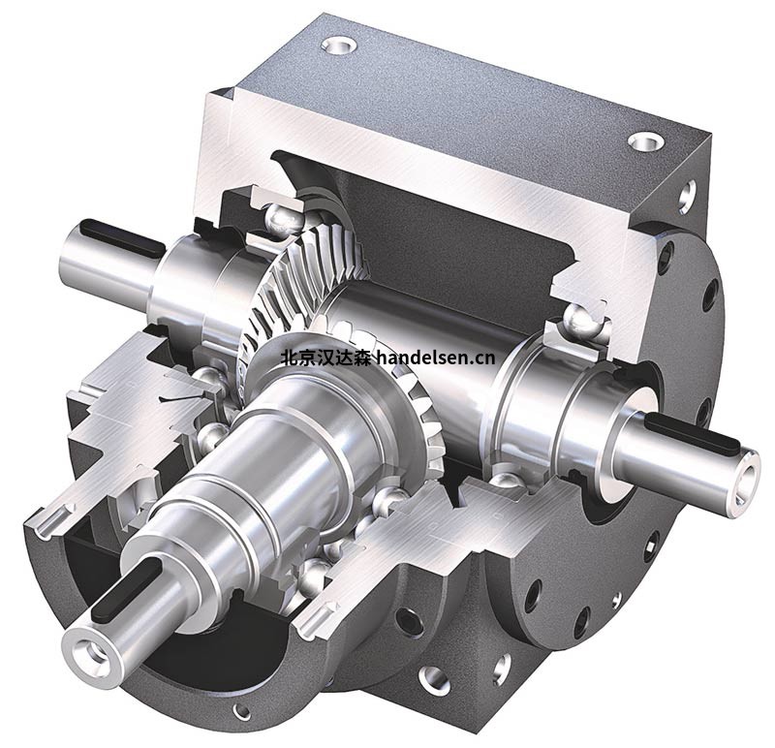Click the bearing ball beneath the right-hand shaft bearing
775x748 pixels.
504,482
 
